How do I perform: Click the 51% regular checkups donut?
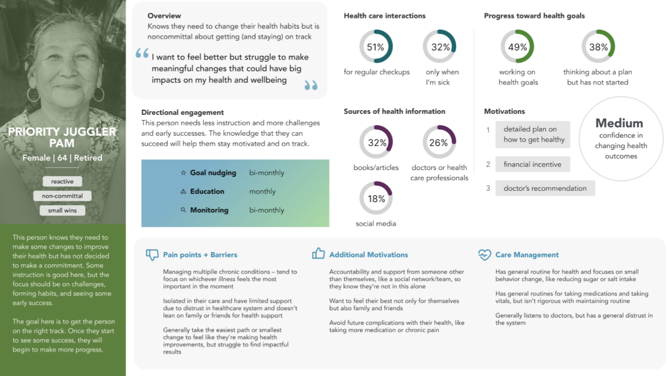point(376,47)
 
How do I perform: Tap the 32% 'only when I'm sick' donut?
point(439,47)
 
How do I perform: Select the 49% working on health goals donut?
point(517,47)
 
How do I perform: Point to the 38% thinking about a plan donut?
point(598,47)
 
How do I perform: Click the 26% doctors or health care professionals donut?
point(439,142)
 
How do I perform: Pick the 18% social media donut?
point(376,198)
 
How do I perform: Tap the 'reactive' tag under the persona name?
point(63,182)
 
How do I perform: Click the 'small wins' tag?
point(63,210)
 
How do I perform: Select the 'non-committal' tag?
point(63,196)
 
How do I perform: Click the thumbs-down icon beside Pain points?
point(152,255)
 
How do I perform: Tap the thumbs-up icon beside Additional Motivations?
point(318,254)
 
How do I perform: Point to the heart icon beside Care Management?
point(484,255)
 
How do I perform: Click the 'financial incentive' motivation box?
point(532,164)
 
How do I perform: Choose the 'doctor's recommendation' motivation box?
point(545,189)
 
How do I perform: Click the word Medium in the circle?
point(619,123)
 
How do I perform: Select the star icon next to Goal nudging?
point(183,173)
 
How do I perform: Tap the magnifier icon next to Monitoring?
point(183,210)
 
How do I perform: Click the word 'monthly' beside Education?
point(263,192)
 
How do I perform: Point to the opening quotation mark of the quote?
point(142,53)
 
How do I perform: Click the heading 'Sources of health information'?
point(395,111)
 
